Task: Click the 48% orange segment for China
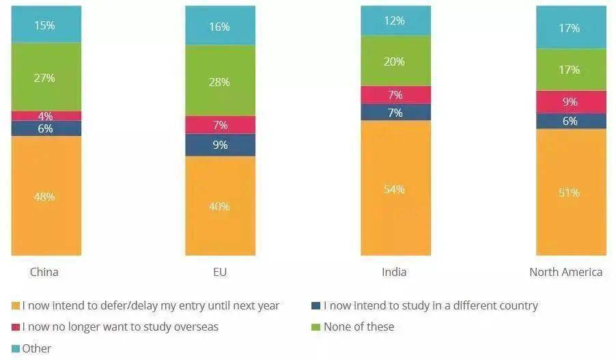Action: click(x=46, y=196)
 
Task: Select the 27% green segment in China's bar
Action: click(x=46, y=77)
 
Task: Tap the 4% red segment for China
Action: click(x=46, y=116)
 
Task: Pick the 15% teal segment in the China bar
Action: click(x=46, y=25)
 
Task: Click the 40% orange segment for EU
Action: click(x=220, y=206)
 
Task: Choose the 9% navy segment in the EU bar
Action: click(x=220, y=145)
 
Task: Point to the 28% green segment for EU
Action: click(x=220, y=81)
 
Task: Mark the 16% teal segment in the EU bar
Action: click(x=220, y=26)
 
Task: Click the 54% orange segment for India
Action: click(x=395, y=189)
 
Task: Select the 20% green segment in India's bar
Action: click(x=395, y=61)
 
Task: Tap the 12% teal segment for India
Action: click(x=395, y=21)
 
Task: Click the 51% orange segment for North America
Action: click(x=570, y=193)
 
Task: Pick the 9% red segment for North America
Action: click(x=570, y=102)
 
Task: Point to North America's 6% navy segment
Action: click(x=570, y=121)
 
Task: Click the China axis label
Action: click(x=44, y=272)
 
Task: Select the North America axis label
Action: click(x=565, y=272)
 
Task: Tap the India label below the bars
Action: click(x=394, y=272)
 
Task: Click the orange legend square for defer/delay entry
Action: click(x=16, y=306)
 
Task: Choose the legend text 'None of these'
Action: click(x=359, y=327)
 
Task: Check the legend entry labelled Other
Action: click(x=36, y=348)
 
